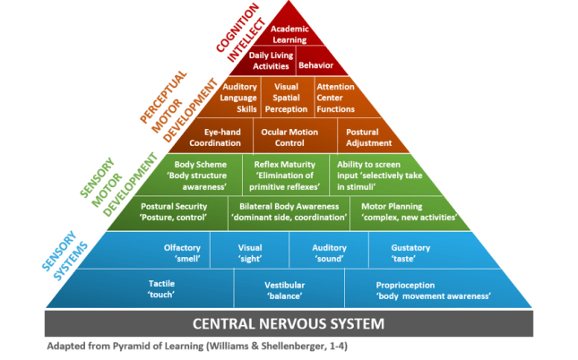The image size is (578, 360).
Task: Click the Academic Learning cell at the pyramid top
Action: pos(289,33)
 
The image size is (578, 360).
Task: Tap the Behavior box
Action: pos(315,65)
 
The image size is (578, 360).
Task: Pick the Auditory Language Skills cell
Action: pos(239,98)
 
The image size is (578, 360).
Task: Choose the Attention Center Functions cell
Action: pos(335,98)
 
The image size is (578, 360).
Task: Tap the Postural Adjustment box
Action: pos(367,136)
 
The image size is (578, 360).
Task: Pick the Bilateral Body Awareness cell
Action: pos(288,211)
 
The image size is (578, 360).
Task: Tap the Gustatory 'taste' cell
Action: pos(411,253)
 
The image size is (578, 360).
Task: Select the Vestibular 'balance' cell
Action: pos(283,289)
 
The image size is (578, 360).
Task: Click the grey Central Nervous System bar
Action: pos(289,323)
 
